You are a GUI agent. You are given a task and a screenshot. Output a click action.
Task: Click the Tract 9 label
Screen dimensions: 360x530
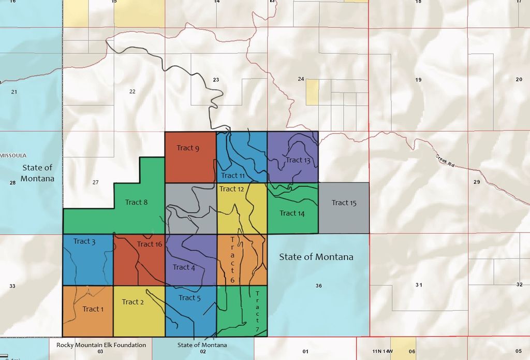188,148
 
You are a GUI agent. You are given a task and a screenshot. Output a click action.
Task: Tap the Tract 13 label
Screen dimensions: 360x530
298,160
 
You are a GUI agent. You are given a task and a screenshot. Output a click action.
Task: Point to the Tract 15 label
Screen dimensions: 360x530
344,203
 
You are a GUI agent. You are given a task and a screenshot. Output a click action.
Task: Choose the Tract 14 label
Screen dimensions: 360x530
292,213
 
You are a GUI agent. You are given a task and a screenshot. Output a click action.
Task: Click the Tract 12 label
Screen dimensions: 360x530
231,189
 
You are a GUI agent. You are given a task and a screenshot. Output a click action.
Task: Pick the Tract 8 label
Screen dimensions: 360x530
136,202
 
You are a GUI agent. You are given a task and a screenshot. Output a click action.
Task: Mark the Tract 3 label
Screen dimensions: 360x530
84,241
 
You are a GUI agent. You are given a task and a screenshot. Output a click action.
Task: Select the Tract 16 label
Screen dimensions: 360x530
150,244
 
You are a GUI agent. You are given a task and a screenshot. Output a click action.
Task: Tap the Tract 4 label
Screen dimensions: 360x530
184,267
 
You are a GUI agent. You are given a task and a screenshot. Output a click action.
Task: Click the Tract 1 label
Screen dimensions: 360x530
93,309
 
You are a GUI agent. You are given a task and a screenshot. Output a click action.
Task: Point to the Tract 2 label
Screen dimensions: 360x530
133,302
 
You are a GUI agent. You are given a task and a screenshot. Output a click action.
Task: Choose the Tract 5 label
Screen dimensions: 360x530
189,298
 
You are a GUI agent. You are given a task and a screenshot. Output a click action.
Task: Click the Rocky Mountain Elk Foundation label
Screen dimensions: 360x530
101,345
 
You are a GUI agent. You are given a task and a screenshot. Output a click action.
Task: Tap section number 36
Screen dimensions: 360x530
318,286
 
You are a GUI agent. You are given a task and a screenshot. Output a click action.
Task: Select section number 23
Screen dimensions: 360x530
216,80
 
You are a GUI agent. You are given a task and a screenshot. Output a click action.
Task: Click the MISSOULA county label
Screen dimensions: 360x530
13,155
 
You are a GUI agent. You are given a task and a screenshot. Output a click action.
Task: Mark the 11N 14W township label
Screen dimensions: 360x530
383,352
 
